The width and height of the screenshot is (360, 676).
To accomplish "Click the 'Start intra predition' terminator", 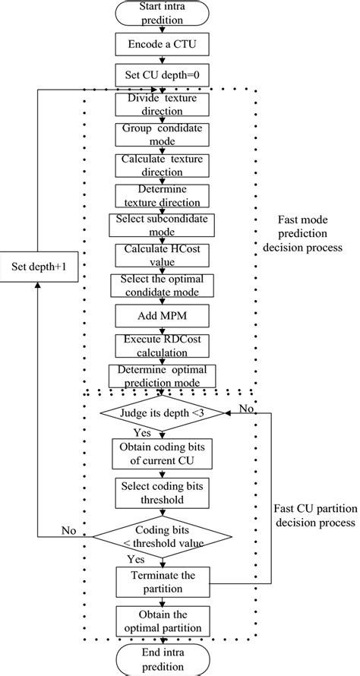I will pyautogui.click(x=162, y=14).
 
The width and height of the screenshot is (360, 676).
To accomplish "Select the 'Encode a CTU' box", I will pyautogui.click(x=162, y=44).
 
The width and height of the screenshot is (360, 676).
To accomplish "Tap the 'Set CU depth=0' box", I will pyautogui.click(x=162, y=75).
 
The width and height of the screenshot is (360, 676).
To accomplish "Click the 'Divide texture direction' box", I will pyautogui.click(x=162, y=104).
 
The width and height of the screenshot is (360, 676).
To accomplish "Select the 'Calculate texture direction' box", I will pyautogui.click(x=162, y=165).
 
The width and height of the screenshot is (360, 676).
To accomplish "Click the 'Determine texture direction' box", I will pyautogui.click(x=162, y=195).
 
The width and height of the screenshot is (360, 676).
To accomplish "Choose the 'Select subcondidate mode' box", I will pyautogui.click(x=162, y=225).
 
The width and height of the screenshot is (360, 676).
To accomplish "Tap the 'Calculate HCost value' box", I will pyautogui.click(x=162, y=254).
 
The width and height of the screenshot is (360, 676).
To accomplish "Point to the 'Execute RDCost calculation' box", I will pyautogui.click(x=162, y=344).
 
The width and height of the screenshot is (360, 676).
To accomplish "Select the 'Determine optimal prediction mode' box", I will pyautogui.click(x=162, y=375).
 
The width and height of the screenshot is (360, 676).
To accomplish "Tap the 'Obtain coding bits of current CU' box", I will pyautogui.click(x=162, y=453).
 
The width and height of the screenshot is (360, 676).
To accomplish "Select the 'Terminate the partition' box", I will pyautogui.click(x=162, y=583).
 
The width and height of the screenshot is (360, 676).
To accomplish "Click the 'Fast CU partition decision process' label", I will pyautogui.click(x=313, y=516).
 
